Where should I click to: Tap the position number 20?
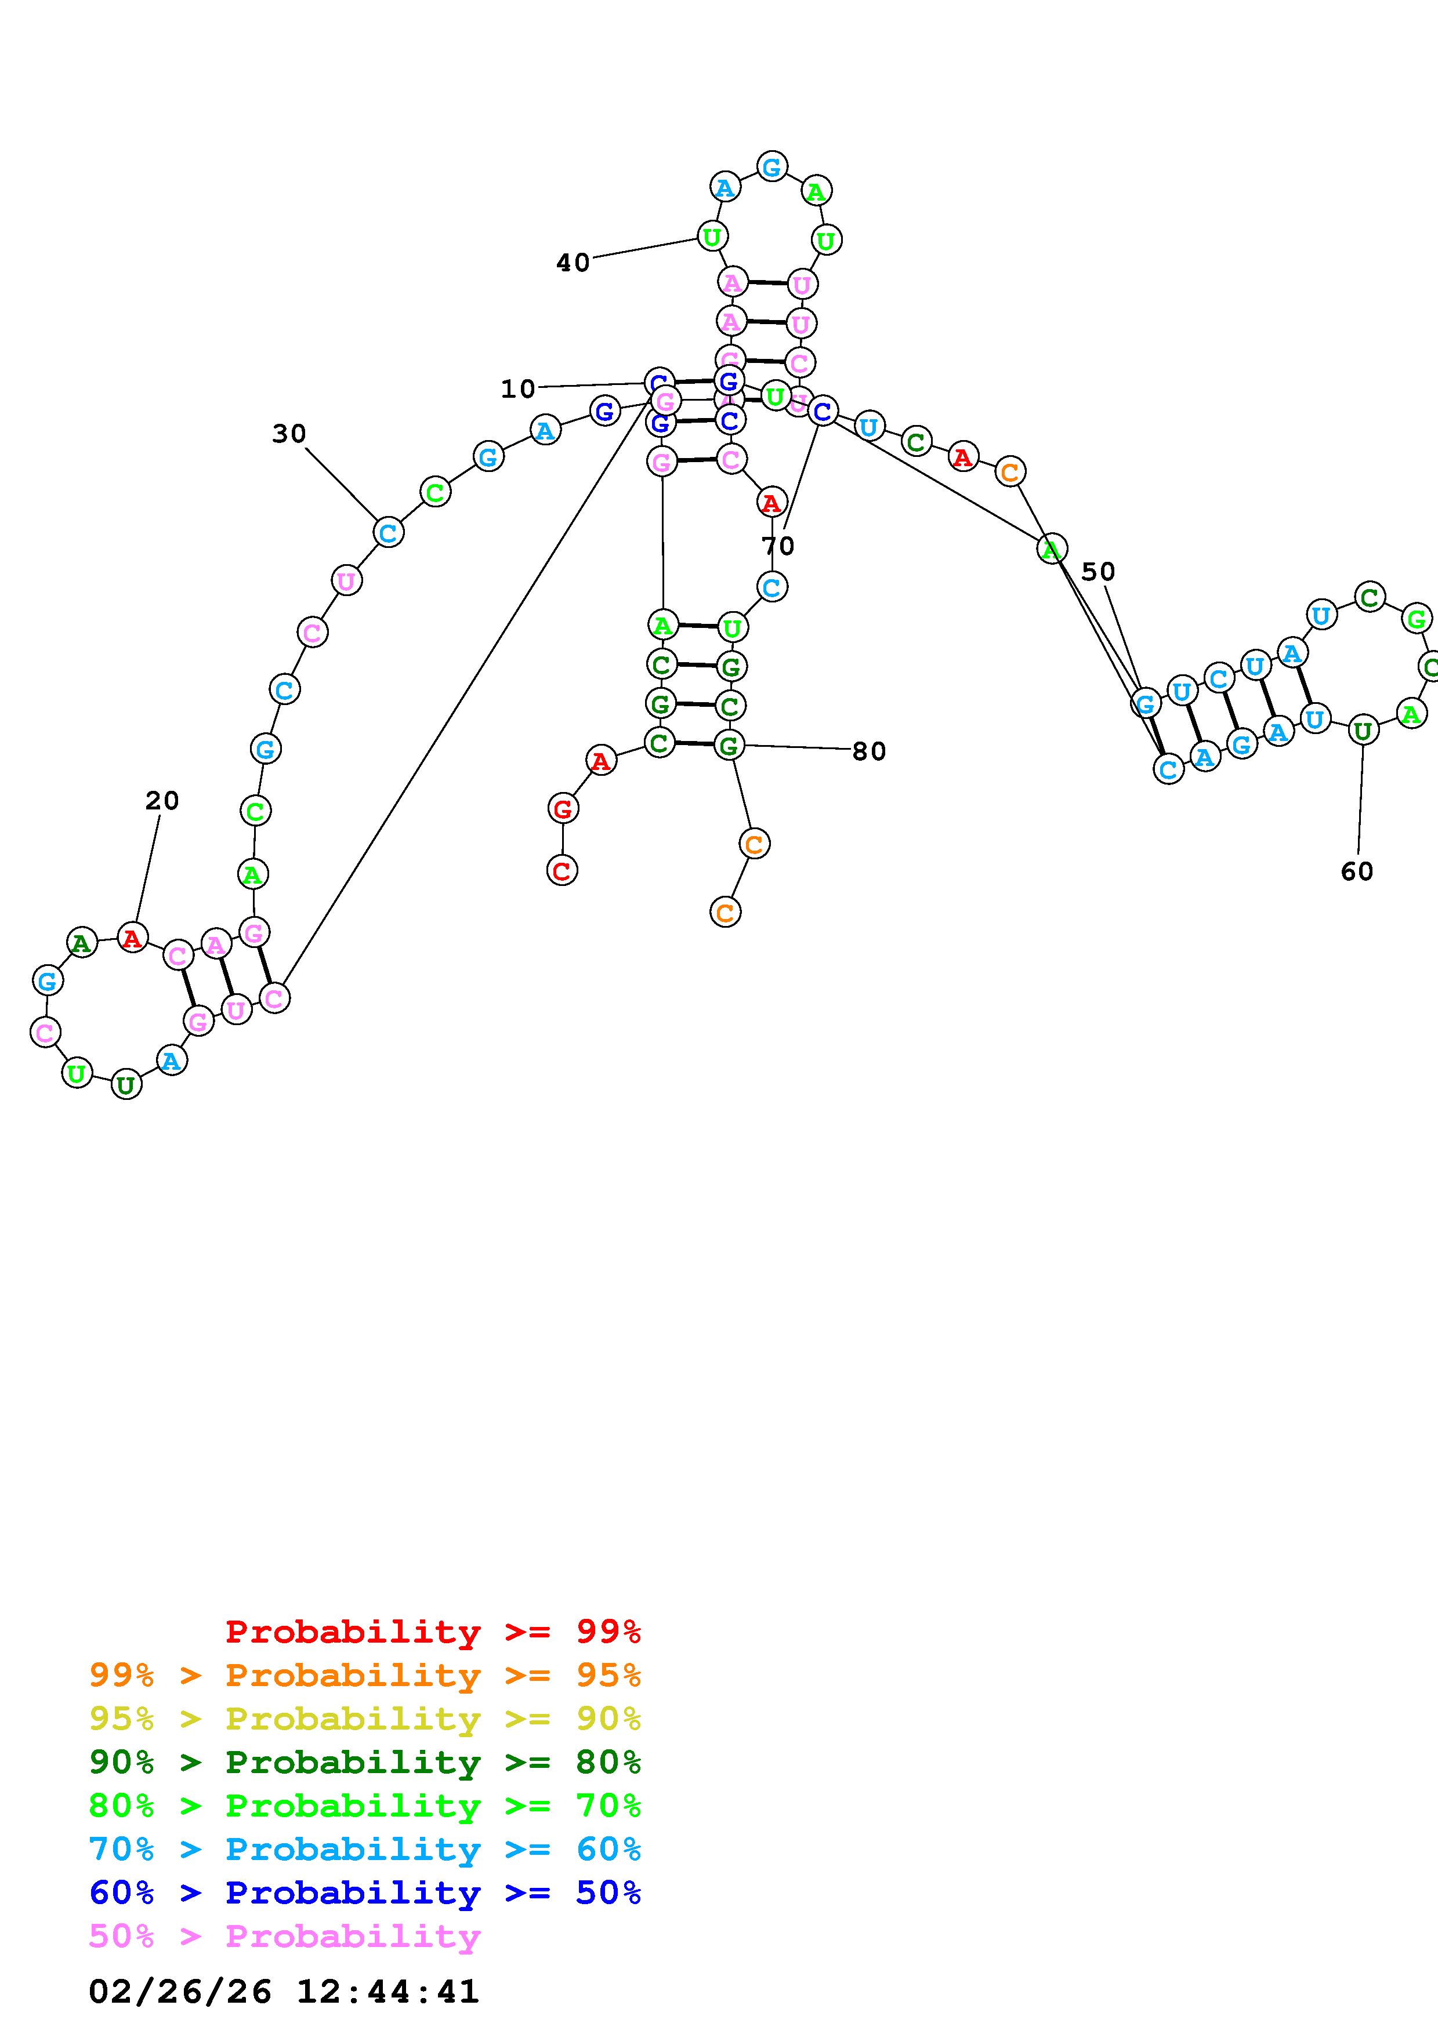pyautogui.click(x=162, y=801)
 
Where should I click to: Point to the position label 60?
pyautogui.click(x=1356, y=871)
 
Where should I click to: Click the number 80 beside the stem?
pyautogui.click(x=868, y=751)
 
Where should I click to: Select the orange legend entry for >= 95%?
pyautogui.click(x=365, y=1675)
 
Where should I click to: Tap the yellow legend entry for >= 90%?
pyautogui.click(x=365, y=1719)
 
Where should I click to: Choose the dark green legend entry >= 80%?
pyautogui.click(x=365, y=1762)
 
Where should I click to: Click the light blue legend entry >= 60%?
pyautogui.click(x=365, y=1849)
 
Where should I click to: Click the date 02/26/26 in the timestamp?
pyautogui.click(x=180, y=1992)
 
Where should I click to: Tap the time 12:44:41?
pyautogui.click(x=387, y=1992)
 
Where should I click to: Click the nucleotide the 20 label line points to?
pyautogui.click(x=132, y=937)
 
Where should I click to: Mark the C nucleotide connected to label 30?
pyautogui.click(x=387, y=532)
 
